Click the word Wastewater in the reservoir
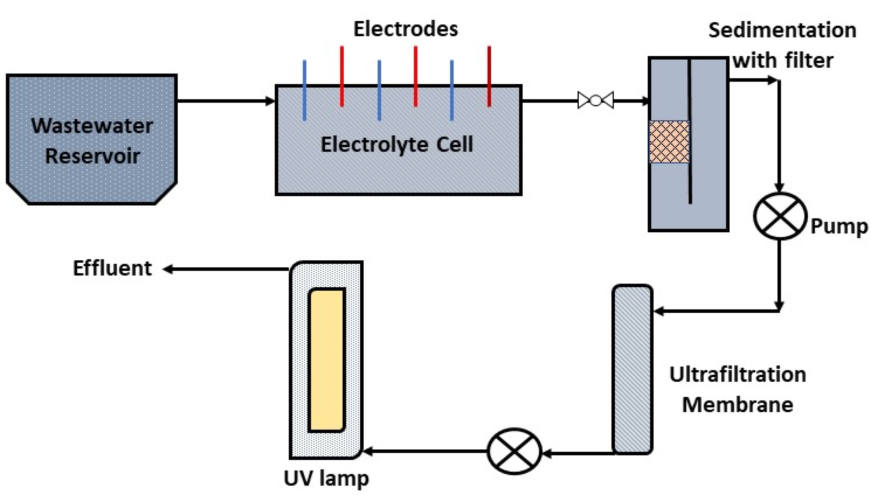pyautogui.click(x=92, y=126)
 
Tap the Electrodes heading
pyautogui.click(x=406, y=29)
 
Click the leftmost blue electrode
pyautogui.click(x=304, y=90)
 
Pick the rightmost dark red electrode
pyautogui.click(x=489, y=77)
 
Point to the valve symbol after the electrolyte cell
pyautogui.click(x=596, y=101)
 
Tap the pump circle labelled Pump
pyautogui.click(x=780, y=216)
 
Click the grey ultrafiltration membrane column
pyautogui.click(x=632, y=369)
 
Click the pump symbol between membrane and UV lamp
pyautogui.click(x=514, y=451)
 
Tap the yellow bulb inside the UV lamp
pyautogui.click(x=327, y=360)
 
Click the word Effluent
pyautogui.click(x=112, y=268)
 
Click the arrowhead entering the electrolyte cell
pyautogui.click(x=270, y=101)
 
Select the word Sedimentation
pyautogui.click(x=782, y=30)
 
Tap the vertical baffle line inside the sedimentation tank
pyautogui.click(x=690, y=131)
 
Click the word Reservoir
pyautogui.click(x=93, y=156)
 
